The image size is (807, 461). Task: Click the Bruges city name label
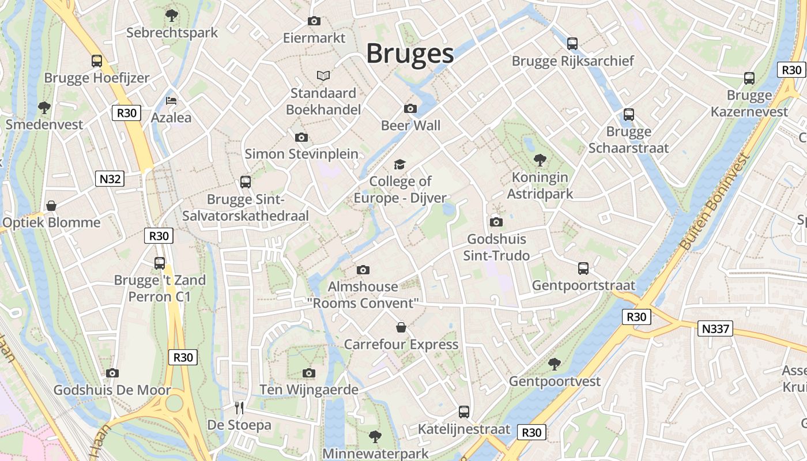click(410, 54)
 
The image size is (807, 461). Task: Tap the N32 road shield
click(110, 179)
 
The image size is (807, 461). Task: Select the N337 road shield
click(715, 329)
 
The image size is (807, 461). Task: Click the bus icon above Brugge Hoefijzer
click(97, 61)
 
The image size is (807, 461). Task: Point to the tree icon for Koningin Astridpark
click(540, 160)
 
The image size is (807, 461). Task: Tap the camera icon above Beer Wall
click(410, 108)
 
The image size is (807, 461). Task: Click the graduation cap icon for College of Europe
click(400, 165)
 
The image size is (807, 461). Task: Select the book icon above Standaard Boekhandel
click(323, 75)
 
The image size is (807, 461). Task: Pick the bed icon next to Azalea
click(171, 100)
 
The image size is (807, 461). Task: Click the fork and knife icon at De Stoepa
click(239, 408)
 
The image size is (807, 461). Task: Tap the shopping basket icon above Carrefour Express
click(401, 327)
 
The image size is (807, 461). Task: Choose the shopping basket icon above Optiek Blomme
click(51, 206)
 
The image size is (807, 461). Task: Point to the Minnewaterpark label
click(375, 454)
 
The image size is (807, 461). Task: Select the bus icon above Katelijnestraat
click(464, 411)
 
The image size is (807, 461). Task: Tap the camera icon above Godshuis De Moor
click(112, 373)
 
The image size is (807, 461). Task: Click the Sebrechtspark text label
click(172, 32)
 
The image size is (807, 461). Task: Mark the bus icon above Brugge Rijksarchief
click(572, 43)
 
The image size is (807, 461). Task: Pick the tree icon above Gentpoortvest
click(555, 364)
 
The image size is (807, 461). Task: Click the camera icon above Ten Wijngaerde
click(309, 373)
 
